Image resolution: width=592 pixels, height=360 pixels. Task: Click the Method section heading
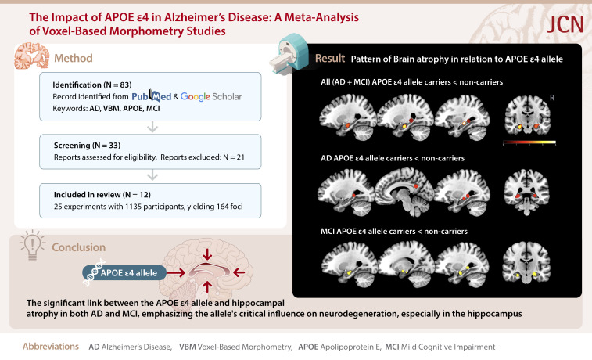[x=73, y=57]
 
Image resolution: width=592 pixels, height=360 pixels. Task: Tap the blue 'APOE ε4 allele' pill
[x=132, y=272]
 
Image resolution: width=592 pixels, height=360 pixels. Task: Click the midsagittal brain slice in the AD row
[x=404, y=193]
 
